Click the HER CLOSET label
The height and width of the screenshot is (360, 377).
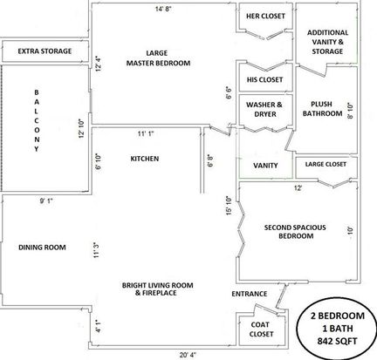(x=265, y=17)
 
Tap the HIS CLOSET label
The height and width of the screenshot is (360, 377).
(x=264, y=79)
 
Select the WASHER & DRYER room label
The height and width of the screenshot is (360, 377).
(x=264, y=109)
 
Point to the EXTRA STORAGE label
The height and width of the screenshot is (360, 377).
(x=45, y=51)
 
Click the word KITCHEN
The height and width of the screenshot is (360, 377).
(x=145, y=159)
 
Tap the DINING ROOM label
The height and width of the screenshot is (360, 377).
(x=42, y=248)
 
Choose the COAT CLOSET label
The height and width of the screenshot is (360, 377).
(x=261, y=329)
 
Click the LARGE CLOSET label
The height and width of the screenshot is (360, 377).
(x=326, y=164)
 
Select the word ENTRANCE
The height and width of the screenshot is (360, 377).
(x=250, y=294)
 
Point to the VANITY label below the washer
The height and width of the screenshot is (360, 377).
(x=265, y=166)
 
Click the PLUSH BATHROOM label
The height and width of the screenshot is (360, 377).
(x=322, y=109)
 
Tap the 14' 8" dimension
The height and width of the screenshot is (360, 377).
(x=163, y=9)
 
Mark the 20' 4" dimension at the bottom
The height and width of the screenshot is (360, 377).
(x=188, y=355)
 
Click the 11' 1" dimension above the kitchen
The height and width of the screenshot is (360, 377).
(x=146, y=133)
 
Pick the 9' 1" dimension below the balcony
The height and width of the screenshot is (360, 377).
(x=46, y=200)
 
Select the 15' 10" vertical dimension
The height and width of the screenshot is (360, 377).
(x=229, y=206)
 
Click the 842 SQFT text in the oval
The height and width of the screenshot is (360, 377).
(x=337, y=341)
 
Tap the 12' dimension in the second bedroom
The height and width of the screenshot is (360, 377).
(x=298, y=188)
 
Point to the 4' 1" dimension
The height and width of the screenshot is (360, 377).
(x=98, y=326)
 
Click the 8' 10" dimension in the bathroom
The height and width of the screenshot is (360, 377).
(x=350, y=111)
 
